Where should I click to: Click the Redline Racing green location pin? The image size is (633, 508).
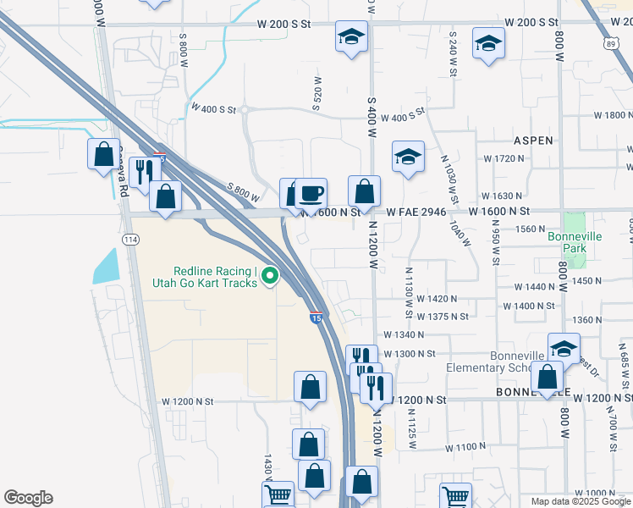point(270,275)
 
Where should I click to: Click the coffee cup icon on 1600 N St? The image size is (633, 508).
point(311,192)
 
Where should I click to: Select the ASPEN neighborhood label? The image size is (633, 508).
point(531,141)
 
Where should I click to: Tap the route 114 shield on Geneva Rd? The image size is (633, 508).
point(130,240)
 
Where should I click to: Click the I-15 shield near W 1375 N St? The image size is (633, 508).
point(316,318)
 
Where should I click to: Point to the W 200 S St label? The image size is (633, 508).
point(532,23)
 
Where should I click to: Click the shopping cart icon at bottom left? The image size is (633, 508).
point(278,495)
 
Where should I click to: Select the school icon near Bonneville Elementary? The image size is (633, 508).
point(564,348)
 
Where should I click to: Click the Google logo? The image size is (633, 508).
point(28,498)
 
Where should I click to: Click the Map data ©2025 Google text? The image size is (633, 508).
point(581,501)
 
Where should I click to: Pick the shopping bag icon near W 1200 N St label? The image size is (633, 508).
point(311,387)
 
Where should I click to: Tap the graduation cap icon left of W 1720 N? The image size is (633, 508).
point(408,157)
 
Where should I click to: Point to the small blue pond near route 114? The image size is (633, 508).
point(107,265)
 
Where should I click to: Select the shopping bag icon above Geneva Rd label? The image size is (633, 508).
point(103,154)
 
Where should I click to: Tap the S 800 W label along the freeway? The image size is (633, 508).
point(243,192)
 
